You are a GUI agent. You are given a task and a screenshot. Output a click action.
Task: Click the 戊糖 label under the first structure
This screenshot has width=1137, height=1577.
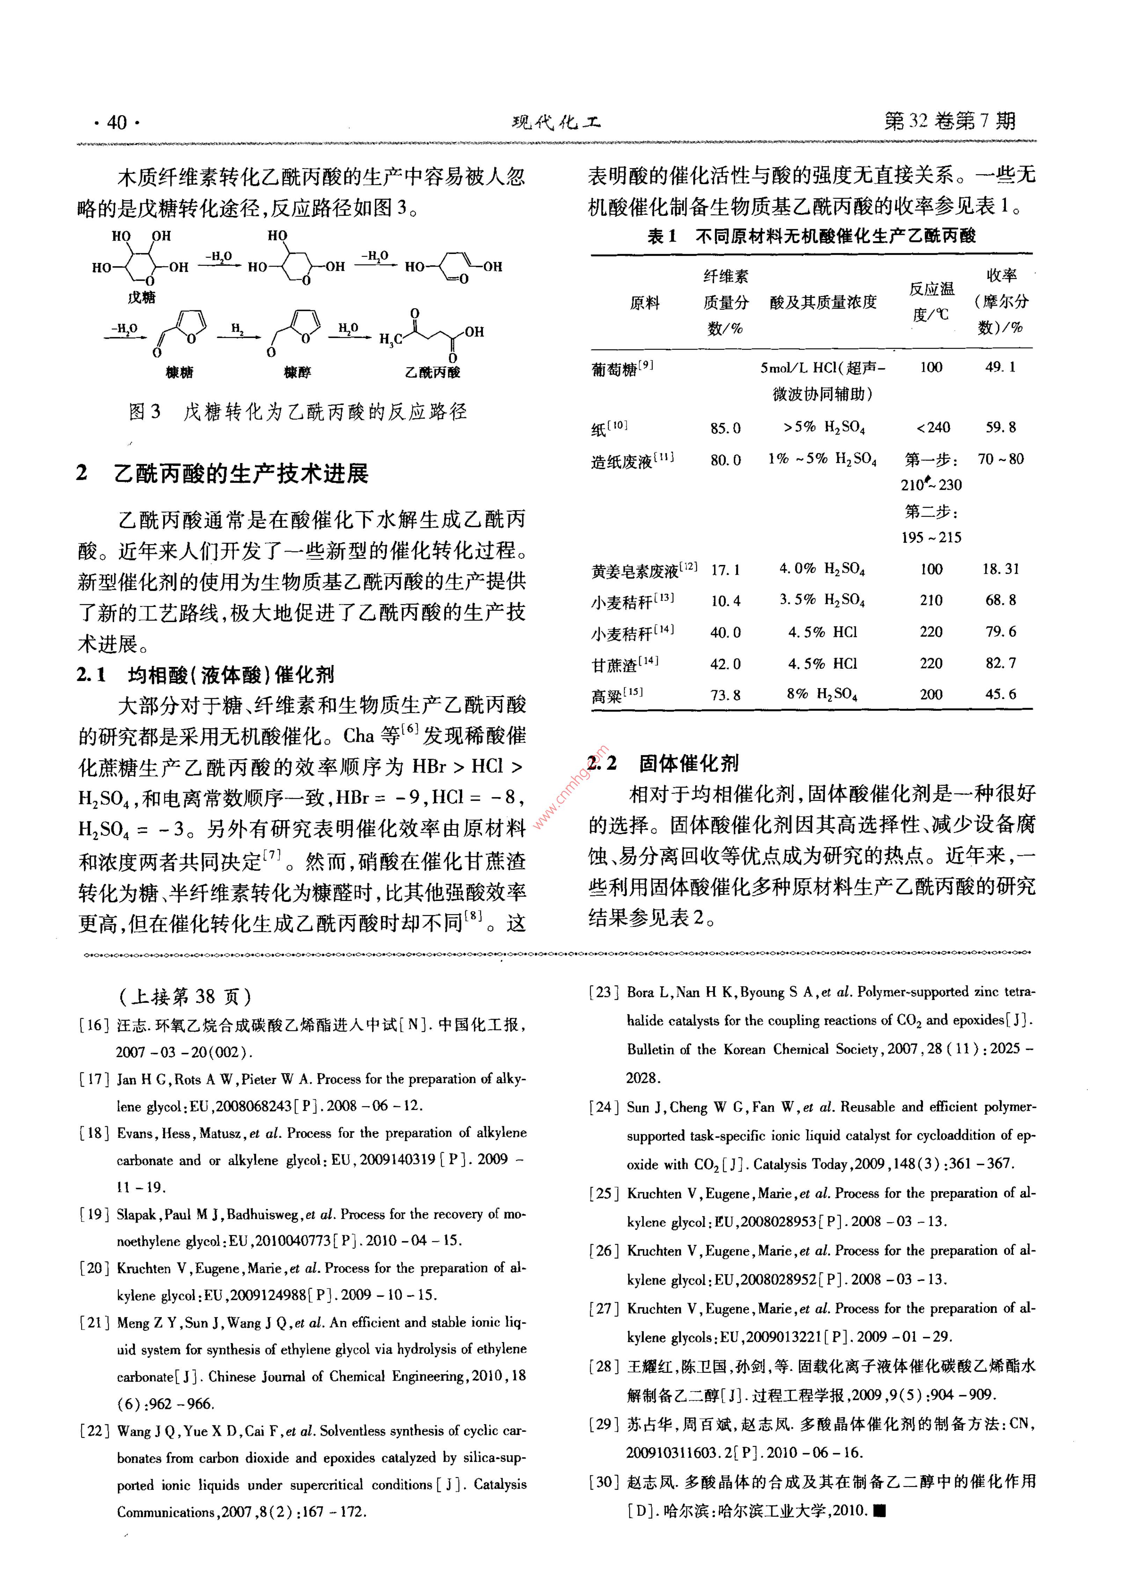pyautogui.click(x=141, y=298)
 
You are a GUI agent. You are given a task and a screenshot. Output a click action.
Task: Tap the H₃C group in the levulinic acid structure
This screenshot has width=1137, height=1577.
pyautogui.click(x=390, y=339)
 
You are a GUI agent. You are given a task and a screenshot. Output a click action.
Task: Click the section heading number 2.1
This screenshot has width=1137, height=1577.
pyautogui.click(x=91, y=674)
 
